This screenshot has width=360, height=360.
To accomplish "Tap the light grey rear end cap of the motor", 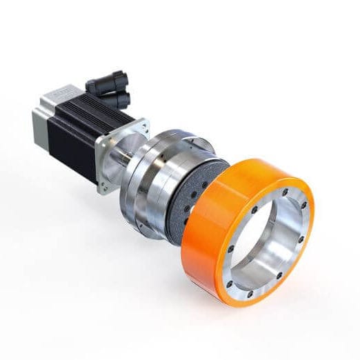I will point(41,117).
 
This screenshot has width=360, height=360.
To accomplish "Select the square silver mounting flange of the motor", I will point(114,155).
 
